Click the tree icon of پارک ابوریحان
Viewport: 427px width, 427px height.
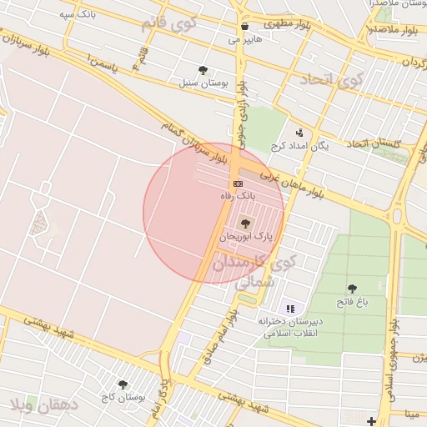pyautogui.click(x=244, y=223)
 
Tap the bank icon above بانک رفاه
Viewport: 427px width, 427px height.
pyautogui.click(x=239, y=183)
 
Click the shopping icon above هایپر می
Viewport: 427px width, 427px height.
pyautogui.click(x=244, y=27)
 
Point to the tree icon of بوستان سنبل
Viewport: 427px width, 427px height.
pyautogui.click(x=203, y=70)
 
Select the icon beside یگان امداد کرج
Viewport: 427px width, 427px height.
pyautogui.click(x=299, y=132)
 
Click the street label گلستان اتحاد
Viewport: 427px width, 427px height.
pyautogui.click(x=374, y=144)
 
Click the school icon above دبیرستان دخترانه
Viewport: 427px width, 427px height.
pyautogui.click(x=290, y=309)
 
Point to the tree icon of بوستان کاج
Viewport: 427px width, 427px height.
pyautogui.click(x=123, y=384)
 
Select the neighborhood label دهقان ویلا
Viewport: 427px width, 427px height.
pyautogui.click(x=43, y=407)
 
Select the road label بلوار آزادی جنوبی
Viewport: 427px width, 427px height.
pyautogui.click(x=241, y=106)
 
